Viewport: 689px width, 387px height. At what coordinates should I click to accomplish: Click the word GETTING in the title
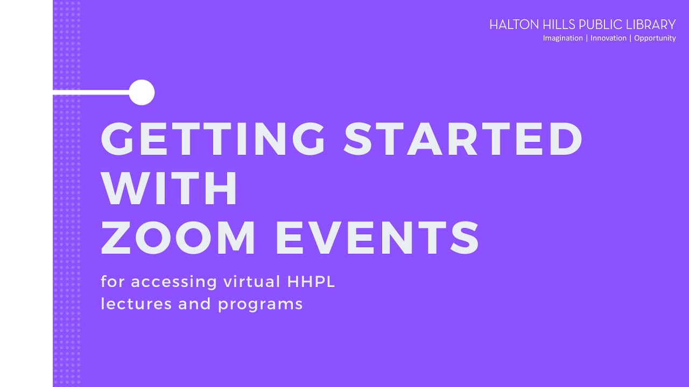point(213,139)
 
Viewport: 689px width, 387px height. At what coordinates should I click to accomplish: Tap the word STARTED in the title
point(463,139)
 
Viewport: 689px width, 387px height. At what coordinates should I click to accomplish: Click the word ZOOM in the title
point(178,237)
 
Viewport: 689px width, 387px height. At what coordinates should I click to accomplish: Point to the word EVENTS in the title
point(377,237)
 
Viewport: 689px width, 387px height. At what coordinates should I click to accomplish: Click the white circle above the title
point(142,92)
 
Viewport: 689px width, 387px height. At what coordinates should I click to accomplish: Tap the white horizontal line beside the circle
point(92,93)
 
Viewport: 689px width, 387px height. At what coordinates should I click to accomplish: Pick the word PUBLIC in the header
point(601,25)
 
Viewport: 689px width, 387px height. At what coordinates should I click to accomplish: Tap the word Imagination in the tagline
point(563,38)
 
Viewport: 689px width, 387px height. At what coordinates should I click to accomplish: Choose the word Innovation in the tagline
point(608,38)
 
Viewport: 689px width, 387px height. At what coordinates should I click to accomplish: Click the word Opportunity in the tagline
point(655,38)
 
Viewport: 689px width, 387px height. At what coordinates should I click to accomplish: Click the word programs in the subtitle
point(261,305)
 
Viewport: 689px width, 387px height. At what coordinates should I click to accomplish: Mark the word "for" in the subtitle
point(113,282)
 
